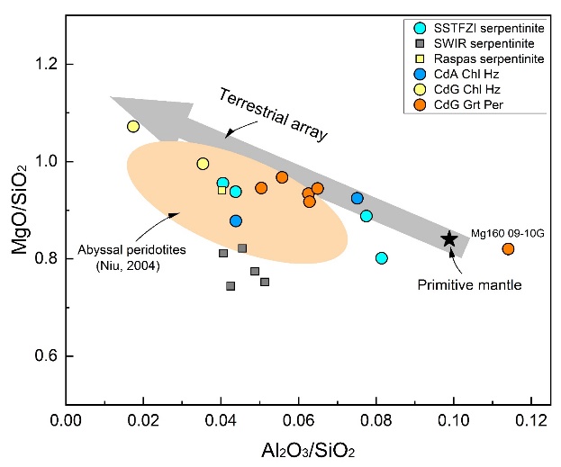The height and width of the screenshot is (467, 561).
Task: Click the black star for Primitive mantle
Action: tap(450, 238)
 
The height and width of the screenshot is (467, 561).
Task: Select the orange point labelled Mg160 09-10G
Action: tap(508, 249)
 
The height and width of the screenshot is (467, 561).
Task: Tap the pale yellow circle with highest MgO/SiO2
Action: tap(133, 127)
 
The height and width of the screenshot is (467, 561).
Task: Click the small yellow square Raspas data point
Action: tap(222, 190)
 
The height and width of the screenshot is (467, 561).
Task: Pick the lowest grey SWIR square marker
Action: tap(231, 286)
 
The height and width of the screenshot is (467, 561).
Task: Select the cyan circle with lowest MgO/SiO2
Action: tap(382, 258)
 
